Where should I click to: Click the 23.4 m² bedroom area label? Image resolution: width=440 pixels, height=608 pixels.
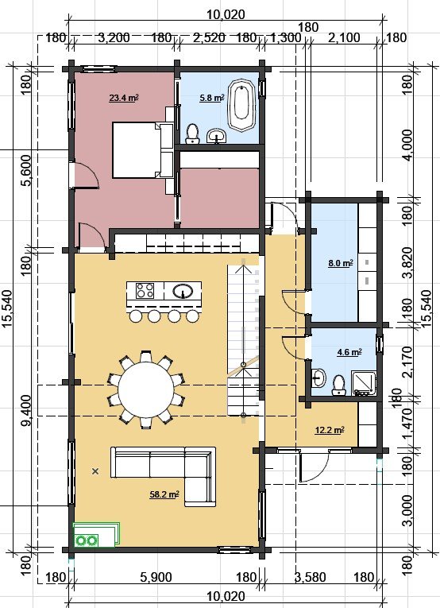(x=124, y=98)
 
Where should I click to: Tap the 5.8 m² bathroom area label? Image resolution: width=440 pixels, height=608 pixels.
(x=212, y=98)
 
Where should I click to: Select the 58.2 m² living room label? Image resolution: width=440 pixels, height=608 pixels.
(x=164, y=494)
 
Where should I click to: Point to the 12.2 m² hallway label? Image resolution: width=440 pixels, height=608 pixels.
(x=330, y=430)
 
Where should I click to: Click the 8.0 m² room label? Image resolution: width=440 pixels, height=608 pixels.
(x=341, y=263)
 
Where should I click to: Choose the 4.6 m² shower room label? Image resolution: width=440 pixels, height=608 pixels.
(x=349, y=352)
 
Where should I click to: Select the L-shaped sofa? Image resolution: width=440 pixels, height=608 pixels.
(x=164, y=476)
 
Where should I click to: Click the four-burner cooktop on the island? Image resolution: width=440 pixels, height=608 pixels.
(x=145, y=290)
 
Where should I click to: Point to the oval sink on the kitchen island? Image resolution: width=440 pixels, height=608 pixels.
(x=183, y=290)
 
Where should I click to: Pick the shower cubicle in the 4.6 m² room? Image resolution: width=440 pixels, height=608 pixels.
(x=363, y=383)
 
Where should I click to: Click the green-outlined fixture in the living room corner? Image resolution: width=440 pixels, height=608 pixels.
(x=96, y=535)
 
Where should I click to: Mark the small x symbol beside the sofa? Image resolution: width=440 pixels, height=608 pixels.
(x=95, y=471)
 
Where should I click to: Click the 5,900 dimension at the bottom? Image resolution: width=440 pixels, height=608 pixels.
(x=156, y=578)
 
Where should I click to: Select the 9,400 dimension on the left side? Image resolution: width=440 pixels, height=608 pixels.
(x=27, y=411)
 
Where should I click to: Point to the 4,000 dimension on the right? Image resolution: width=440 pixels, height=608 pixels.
(x=407, y=145)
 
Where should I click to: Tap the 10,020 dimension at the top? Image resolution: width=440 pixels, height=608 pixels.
(x=226, y=15)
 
